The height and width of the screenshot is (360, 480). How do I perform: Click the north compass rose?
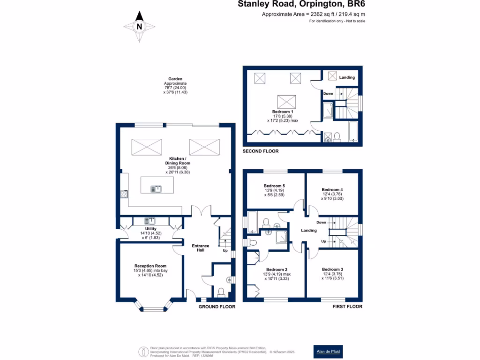point(139,26)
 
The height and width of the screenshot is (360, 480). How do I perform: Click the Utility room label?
point(150,232)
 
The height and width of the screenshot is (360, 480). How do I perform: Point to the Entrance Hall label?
point(200,248)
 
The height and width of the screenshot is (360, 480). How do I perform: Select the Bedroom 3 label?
point(332,272)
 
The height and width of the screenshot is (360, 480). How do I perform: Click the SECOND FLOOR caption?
point(261,151)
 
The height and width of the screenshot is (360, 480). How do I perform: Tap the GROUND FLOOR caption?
point(216,307)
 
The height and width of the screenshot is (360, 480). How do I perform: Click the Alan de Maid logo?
point(328,351)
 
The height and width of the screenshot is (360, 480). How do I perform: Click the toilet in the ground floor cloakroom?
point(221,292)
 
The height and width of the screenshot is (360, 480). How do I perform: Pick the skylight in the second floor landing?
point(332,76)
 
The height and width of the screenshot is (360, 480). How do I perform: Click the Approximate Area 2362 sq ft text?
point(313,15)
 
